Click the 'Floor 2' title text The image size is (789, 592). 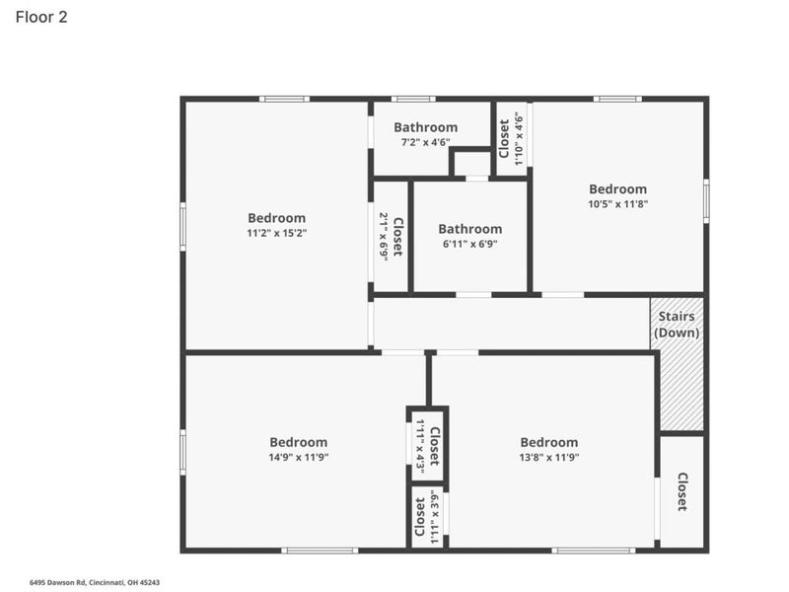pyautogui.click(x=40, y=18)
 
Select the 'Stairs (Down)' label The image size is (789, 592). pyautogui.click(x=677, y=325)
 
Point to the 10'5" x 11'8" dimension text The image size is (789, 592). pyautogui.click(x=618, y=204)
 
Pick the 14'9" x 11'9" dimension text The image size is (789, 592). pyautogui.click(x=298, y=458)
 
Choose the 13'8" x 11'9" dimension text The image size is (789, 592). pyautogui.click(x=549, y=458)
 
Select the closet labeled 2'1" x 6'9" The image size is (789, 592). pyautogui.click(x=391, y=236)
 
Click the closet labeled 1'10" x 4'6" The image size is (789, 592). pyautogui.click(x=511, y=138)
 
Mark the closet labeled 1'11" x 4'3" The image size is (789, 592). pyautogui.click(x=427, y=446)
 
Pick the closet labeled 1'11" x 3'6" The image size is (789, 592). pyautogui.click(x=427, y=516)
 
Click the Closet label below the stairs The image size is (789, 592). pyautogui.click(x=681, y=491)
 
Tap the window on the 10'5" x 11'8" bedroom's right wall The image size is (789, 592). pyautogui.click(x=706, y=199)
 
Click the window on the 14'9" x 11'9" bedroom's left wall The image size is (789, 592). pyautogui.click(x=182, y=452)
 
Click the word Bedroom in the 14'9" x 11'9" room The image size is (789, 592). pyautogui.click(x=298, y=442)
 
